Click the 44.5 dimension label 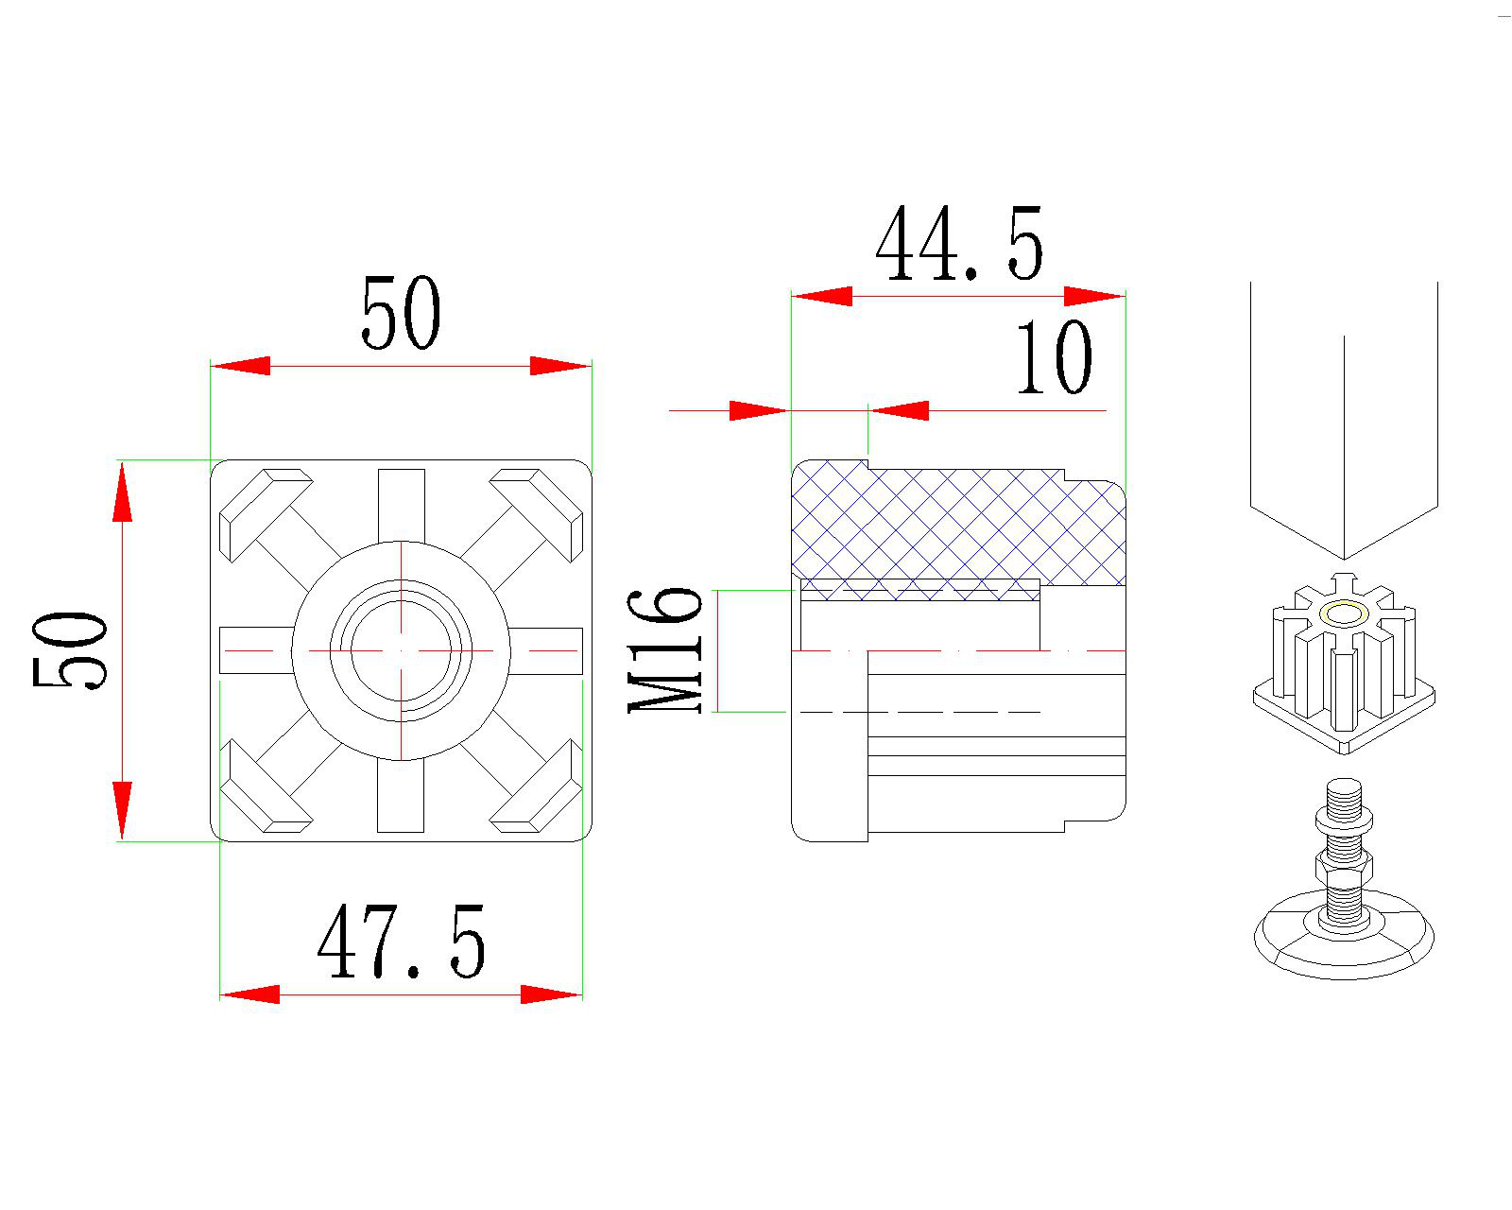click(960, 243)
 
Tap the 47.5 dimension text click(402, 942)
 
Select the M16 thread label click(664, 650)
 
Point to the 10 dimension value click(1055, 357)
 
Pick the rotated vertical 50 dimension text click(70, 650)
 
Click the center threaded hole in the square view click(401, 651)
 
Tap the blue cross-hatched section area click(958, 525)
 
